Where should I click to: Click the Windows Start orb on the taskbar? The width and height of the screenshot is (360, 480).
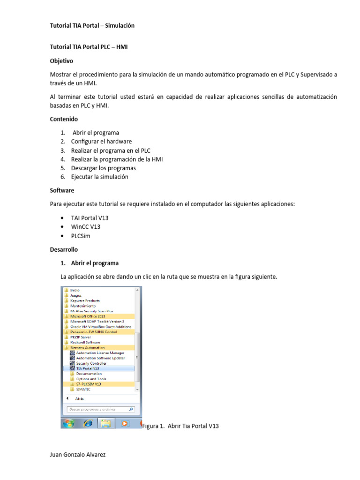tap(68, 423)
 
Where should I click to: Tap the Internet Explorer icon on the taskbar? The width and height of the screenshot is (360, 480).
tap(87, 423)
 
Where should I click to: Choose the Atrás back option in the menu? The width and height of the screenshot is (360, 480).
tap(79, 398)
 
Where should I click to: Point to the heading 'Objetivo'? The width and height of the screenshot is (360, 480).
tap(61, 61)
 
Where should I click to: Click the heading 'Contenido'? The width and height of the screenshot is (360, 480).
tap(64, 119)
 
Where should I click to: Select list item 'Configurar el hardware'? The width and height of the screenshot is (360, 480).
tap(101, 142)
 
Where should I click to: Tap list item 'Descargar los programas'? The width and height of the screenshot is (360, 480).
tap(103, 168)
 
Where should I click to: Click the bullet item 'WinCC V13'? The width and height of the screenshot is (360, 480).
tap(86, 227)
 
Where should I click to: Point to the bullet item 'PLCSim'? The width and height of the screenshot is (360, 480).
tap(81, 236)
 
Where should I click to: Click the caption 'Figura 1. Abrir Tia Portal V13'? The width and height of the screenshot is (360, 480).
tap(180, 426)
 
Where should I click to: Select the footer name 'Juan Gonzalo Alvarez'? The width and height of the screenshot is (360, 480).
tap(78, 455)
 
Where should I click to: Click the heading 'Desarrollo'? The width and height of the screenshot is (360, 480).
tap(64, 249)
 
